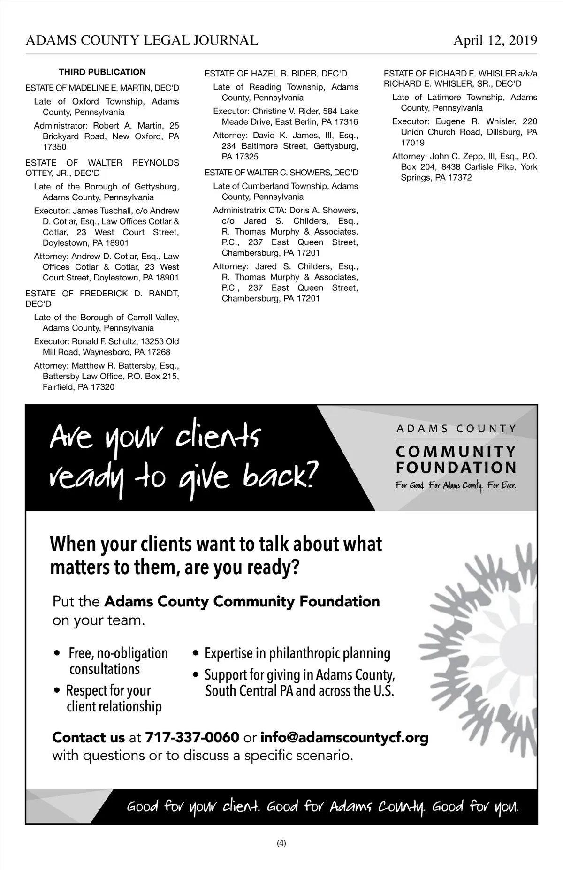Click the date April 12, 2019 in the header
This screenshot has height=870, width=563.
[495, 40]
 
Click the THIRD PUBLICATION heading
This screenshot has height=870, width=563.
[102, 72]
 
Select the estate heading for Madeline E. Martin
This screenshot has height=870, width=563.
[102, 88]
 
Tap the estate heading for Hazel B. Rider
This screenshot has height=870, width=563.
[276, 74]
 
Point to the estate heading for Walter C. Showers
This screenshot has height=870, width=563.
[281, 173]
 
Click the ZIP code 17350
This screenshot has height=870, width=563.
[54, 147]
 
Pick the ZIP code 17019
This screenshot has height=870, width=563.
[412, 143]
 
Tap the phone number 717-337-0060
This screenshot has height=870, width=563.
[192, 738]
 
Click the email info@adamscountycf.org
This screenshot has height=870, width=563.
[344, 738]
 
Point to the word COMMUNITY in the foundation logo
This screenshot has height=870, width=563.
[456, 452]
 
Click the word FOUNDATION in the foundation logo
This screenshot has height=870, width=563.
[456, 468]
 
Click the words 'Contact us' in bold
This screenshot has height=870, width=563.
[88, 738]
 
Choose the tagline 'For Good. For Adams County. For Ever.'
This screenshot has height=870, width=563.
[456, 485]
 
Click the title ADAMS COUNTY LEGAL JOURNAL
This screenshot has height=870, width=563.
[142, 40]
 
